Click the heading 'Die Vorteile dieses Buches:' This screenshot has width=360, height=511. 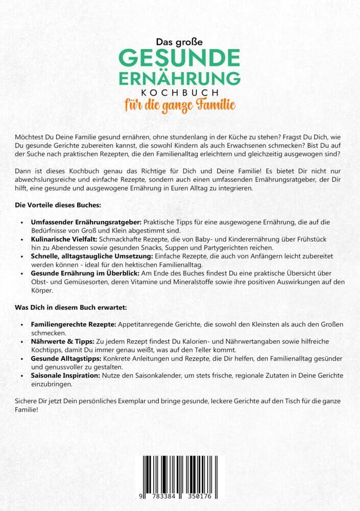coord(52,205)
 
